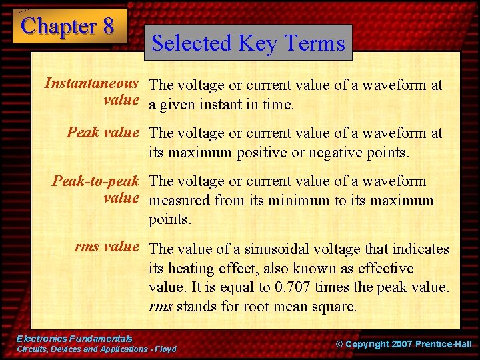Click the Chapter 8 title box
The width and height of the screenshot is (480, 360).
coord(69,26)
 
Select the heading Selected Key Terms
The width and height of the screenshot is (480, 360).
coord(248,43)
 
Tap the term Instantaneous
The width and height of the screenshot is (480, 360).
coord(91,84)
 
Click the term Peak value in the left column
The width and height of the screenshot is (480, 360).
coord(103,133)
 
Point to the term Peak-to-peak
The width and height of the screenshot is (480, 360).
coord(95,181)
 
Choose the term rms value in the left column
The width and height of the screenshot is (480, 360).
coord(107,247)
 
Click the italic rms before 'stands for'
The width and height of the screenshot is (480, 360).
coord(160,307)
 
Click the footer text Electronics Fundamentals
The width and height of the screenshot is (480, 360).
coord(75,339)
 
